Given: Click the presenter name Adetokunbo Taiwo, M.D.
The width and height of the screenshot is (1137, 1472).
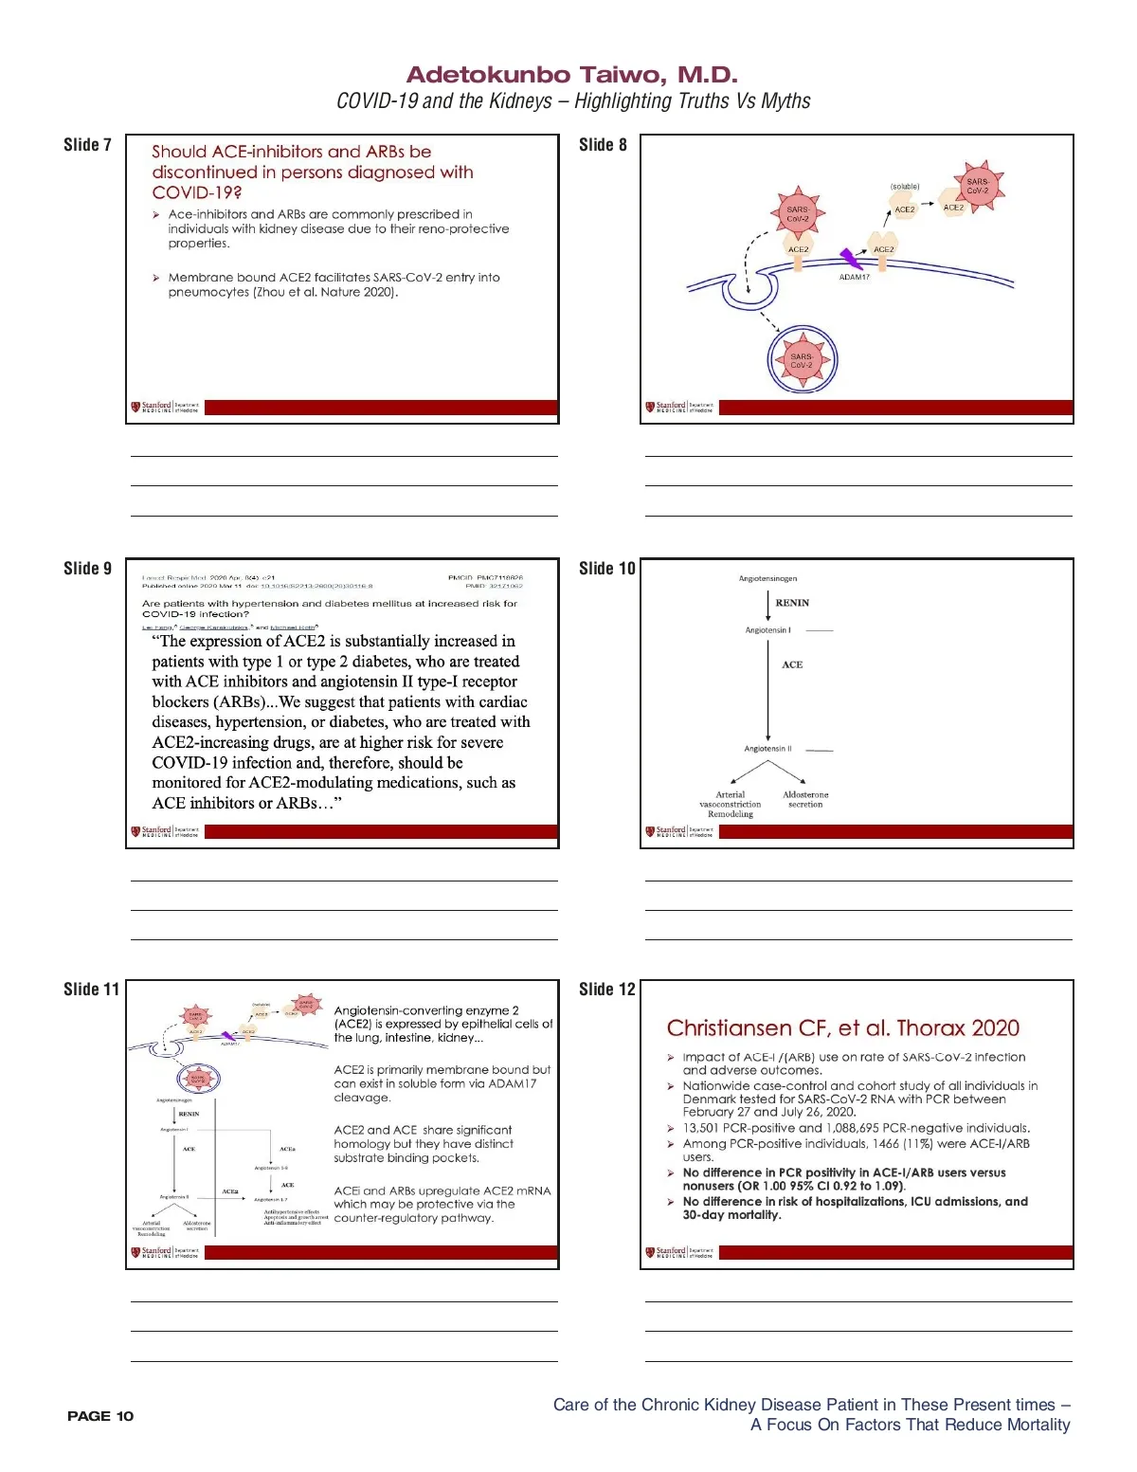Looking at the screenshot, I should (x=571, y=75).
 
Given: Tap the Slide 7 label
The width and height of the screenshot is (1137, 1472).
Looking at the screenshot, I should (x=87, y=145).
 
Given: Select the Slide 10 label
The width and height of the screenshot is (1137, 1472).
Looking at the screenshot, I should (x=606, y=569).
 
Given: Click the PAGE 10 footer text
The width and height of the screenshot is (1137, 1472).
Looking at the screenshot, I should (x=100, y=1416).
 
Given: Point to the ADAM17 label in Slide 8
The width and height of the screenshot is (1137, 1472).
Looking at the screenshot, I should (x=854, y=277).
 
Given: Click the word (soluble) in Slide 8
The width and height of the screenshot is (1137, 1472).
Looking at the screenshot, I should (x=905, y=187).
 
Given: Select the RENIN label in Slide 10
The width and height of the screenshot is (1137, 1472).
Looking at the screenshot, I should (x=792, y=603).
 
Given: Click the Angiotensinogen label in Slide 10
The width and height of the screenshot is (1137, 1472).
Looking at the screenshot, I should (x=767, y=578).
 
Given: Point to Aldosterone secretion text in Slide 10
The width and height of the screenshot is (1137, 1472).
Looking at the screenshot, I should (x=805, y=799).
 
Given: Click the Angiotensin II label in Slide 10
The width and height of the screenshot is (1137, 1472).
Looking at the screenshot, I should (x=767, y=749).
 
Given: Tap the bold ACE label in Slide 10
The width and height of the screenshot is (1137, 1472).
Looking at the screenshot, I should (x=792, y=665).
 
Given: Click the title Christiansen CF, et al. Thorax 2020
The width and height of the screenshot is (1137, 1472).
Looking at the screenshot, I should (x=842, y=1028).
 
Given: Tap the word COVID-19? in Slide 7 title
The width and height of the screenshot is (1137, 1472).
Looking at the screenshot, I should (x=197, y=192).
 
